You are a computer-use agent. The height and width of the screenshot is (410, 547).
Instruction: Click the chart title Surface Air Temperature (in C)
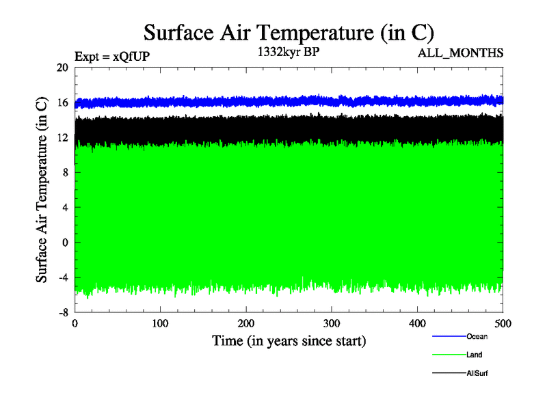[x=289, y=31]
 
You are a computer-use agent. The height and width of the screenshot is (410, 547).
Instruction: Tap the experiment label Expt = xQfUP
[x=111, y=57]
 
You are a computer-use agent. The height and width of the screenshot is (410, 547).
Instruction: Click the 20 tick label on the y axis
[x=62, y=68]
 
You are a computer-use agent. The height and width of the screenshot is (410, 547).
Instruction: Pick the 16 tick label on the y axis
[x=62, y=102]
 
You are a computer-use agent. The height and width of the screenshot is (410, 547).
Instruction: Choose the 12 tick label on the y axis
[x=62, y=137]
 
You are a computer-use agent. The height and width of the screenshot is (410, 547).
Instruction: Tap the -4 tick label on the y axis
[x=62, y=277]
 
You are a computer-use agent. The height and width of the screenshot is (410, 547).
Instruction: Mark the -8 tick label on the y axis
[x=62, y=312]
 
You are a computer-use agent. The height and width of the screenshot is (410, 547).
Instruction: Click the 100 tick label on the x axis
[x=160, y=323]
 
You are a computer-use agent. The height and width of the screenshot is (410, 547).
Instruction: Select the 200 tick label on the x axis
[x=246, y=323]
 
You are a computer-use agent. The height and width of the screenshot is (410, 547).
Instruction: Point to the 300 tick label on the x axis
[x=332, y=323]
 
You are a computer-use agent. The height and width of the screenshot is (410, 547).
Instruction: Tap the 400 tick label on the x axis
[x=417, y=323]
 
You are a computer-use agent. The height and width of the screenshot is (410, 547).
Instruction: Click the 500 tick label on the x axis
[x=503, y=323]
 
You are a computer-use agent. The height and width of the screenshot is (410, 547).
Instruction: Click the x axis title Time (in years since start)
[x=289, y=340]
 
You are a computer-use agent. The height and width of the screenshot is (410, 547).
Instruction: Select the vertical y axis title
[x=42, y=190]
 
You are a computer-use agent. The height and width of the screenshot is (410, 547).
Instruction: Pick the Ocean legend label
[x=477, y=336]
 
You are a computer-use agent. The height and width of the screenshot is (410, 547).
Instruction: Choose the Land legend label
[x=475, y=355]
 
